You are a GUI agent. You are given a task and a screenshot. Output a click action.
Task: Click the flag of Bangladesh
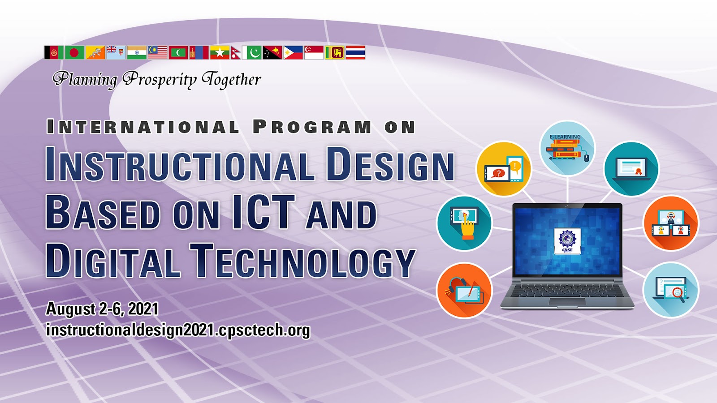[x=74, y=53]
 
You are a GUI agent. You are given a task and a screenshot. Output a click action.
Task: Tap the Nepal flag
[x=236, y=53]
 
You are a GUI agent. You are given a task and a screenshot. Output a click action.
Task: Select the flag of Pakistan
[x=252, y=53]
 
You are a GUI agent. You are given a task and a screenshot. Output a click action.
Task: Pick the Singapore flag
[x=314, y=53]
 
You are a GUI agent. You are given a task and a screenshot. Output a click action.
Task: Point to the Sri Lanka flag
[x=334, y=53]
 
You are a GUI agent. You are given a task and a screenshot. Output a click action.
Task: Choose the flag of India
[x=137, y=53]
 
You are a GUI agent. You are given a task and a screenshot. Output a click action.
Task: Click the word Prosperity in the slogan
[x=160, y=80]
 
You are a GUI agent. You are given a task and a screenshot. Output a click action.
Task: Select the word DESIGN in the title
[x=390, y=164]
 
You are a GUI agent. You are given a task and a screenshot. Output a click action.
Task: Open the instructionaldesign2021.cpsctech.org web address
[x=178, y=330]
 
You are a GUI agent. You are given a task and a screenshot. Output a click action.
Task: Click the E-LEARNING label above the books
[x=565, y=137]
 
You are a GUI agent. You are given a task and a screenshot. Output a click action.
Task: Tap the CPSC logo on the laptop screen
[x=567, y=241]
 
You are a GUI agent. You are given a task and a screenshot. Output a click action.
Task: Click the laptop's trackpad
[x=567, y=301]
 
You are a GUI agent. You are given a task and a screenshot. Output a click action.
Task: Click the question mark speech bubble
[x=498, y=174]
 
